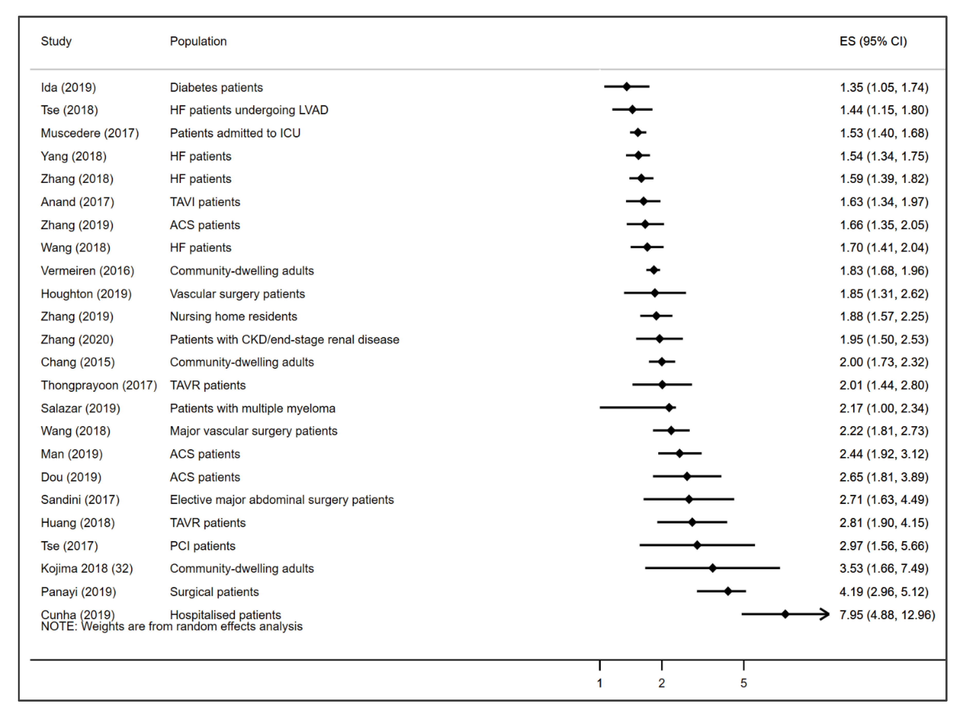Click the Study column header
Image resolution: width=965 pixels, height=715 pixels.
pos(56,41)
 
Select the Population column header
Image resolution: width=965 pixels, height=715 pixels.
pos(198,41)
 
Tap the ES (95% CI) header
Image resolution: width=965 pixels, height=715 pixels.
pos(873,41)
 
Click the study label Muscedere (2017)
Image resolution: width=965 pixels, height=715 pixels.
pos(89,133)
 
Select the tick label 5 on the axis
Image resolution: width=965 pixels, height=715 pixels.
pos(744,683)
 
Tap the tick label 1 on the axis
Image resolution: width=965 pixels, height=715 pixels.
pos(600,683)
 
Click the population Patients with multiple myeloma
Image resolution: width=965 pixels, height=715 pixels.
pos(252,409)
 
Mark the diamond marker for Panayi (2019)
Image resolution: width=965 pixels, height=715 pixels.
pos(728,591)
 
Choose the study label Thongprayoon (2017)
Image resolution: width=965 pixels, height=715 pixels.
pos(99,386)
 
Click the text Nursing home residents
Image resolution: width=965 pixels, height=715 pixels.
pos(233,317)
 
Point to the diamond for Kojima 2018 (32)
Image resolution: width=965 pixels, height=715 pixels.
pos(713,568)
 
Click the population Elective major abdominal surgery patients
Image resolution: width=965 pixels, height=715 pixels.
pos(282,500)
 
